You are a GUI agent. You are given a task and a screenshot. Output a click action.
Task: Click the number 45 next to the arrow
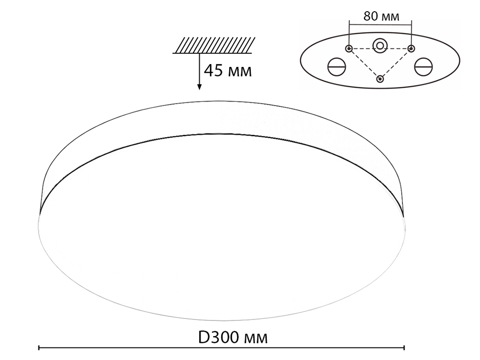click(214, 70)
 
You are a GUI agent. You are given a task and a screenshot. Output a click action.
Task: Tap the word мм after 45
click(238, 71)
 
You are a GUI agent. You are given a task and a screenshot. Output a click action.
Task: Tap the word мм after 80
click(389, 16)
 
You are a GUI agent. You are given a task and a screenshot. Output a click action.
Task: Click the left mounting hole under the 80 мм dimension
click(349, 48)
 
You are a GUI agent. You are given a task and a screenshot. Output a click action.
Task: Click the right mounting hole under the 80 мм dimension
click(411, 48)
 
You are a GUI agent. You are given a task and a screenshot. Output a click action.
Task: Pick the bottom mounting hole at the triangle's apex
click(380, 79)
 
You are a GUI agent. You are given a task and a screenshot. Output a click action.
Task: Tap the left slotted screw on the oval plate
click(336, 67)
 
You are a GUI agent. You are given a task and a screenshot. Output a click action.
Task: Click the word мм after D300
click(254, 338)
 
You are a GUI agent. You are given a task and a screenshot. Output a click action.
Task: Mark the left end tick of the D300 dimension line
click(39, 348)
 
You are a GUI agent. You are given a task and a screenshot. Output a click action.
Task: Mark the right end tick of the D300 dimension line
click(404, 348)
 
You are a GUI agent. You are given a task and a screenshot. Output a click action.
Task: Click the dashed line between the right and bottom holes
click(396, 63)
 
